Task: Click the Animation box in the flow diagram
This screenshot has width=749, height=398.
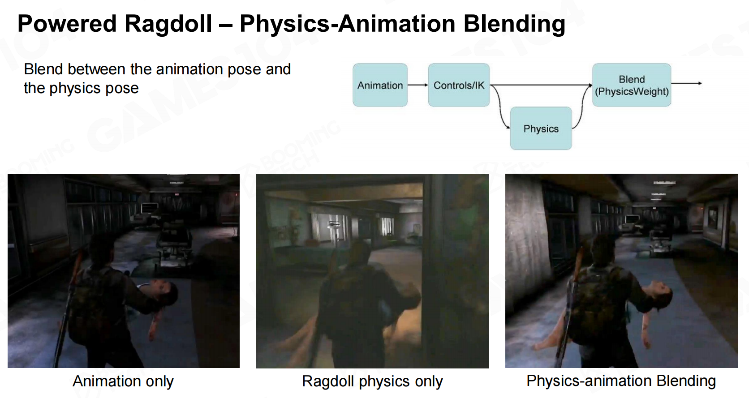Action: click(x=380, y=85)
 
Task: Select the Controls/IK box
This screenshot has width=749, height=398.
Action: click(x=459, y=85)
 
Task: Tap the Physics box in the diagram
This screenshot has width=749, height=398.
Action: click(x=541, y=128)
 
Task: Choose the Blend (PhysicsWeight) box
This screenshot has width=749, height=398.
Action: click(x=631, y=85)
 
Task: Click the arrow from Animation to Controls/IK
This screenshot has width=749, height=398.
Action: click(x=418, y=85)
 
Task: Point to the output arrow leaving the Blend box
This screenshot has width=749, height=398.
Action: click(x=686, y=83)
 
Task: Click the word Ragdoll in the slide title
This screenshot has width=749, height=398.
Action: click(x=168, y=24)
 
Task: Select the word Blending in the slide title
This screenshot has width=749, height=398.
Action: click(x=514, y=24)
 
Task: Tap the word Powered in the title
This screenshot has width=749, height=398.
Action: click(x=67, y=23)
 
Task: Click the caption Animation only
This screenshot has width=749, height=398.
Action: click(x=123, y=381)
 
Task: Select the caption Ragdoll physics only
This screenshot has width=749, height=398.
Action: click(x=372, y=381)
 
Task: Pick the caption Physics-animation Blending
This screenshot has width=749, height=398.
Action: click(x=621, y=381)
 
